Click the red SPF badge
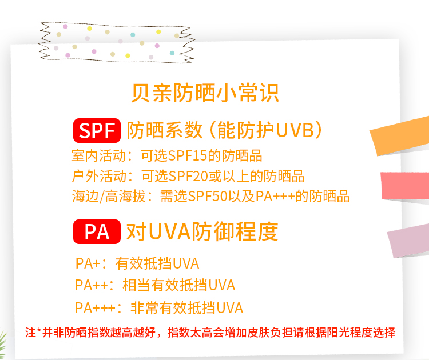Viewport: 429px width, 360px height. (x=97, y=130)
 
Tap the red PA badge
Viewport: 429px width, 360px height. (x=97, y=231)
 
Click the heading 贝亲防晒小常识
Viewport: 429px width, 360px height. (x=205, y=93)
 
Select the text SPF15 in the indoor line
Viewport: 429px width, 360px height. (x=188, y=156)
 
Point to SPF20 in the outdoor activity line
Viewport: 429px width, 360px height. (x=188, y=177)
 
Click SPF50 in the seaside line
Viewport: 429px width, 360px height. (x=208, y=196)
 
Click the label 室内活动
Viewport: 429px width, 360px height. (x=99, y=156)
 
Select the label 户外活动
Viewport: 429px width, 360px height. (x=99, y=177)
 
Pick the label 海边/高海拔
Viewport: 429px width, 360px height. (x=109, y=196)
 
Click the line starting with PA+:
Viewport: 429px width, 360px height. (x=137, y=263)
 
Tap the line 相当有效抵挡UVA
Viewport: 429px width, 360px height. (x=178, y=285)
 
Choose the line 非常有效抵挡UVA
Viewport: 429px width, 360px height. (x=187, y=308)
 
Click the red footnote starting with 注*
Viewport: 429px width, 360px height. (x=210, y=333)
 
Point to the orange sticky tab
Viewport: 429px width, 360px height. (x=400, y=136)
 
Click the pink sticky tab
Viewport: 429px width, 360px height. (x=405, y=186)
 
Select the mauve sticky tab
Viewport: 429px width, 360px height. (x=408, y=242)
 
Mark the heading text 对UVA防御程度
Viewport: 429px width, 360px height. (x=202, y=232)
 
